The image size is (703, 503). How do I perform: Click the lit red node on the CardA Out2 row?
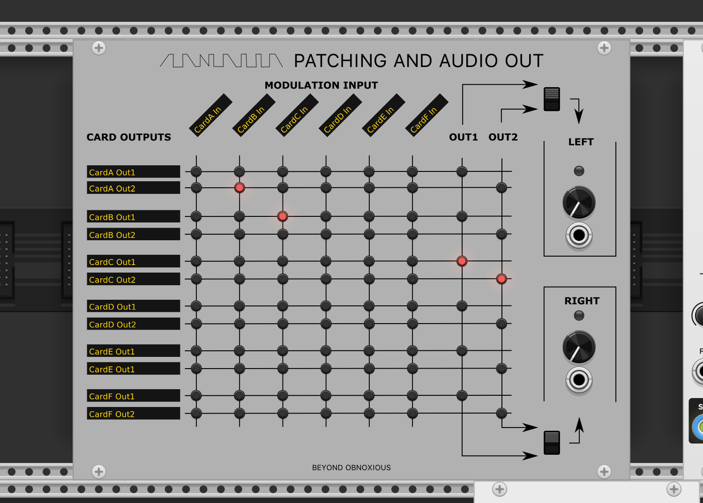(x=239, y=188)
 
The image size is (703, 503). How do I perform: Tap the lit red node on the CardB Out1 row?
(x=283, y=216)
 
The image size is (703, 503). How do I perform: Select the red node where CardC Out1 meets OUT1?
(x=462, y=261)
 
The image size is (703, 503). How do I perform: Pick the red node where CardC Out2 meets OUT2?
(x=501, y=279)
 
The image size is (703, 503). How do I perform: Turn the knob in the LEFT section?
(x=579, y=203)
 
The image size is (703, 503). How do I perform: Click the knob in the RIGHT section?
(x=579, y=347)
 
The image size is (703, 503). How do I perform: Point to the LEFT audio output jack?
(x=579, y=235)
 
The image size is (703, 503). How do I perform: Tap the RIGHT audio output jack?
(x=579, y=379)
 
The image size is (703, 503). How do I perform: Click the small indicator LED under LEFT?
(x=579, y=171)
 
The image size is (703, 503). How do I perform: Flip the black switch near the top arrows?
(x=552, y=99)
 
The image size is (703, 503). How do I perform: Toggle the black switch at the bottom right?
(x=552, y=443)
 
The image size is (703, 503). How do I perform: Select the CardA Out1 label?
(x=134, y=172)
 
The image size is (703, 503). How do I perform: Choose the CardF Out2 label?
(x=134, y=414)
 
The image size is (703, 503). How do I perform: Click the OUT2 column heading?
(x=503, y=137)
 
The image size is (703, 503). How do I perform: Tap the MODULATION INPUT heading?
(x=321, y=85)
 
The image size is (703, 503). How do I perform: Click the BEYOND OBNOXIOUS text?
(x=351, y=467)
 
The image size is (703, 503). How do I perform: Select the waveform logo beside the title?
(x=221, y=60)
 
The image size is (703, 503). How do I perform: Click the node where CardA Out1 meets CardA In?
(x=196, y=171)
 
